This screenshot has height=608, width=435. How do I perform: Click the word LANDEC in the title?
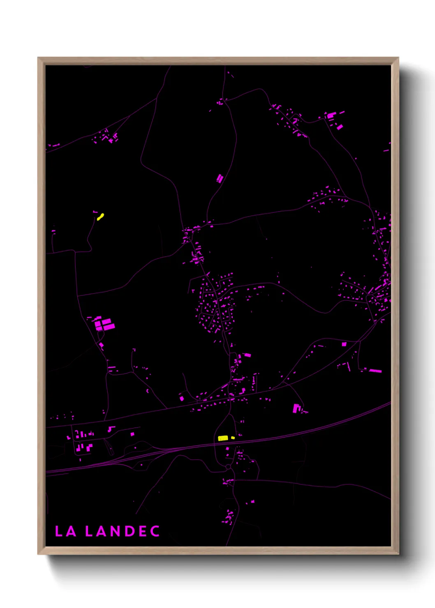click(x=122, y=531)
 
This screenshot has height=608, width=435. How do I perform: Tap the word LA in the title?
click(x=65, y=531)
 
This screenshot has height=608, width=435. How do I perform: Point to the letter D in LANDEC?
click(x=130, y=531)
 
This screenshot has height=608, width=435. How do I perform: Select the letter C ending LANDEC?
click(x=155, y=531)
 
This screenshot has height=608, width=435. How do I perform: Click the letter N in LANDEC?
click(x=116, y=531)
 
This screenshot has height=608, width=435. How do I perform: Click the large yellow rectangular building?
click(x=223, y=438)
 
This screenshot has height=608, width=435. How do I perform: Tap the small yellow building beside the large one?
click(x=233, y=438)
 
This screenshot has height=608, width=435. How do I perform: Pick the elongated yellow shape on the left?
click(x=100, y=216)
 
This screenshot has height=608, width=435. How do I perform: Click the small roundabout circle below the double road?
click(x=228, y=467)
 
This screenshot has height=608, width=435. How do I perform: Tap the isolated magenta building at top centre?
click(x=220, y=178)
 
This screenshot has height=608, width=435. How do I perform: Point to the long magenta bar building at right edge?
click(x=375, y=371)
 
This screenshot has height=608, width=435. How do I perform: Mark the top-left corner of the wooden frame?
click(x=38, y=58)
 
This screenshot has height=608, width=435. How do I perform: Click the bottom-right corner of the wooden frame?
click(x=398, y=554)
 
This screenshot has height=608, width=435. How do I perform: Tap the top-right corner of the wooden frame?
click(x=398, y=58)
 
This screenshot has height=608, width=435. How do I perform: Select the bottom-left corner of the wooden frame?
click(x=38, y=554)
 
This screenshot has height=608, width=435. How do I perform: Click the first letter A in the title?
click(x=71, y=531)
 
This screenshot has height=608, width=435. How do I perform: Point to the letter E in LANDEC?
click(x=142, y=531)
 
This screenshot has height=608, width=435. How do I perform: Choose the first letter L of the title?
click(x=58, y=531)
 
